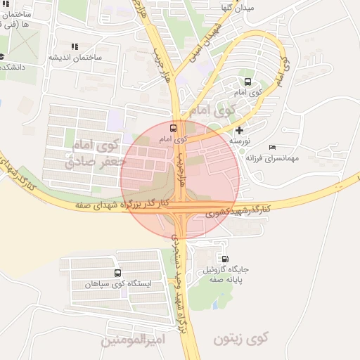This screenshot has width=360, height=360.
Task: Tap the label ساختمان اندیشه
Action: coord(76,57)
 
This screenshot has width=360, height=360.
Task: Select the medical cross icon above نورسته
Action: coord(240,130)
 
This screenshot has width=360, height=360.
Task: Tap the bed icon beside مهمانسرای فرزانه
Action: coord(272,147)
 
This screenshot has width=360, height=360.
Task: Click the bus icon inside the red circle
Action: coord(173,128)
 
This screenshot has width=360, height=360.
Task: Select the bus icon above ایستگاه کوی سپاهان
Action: coord(116,273)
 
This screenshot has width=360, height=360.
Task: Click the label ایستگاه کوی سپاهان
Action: coord(116,285)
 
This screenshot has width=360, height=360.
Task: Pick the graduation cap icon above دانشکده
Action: coord(1,56)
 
